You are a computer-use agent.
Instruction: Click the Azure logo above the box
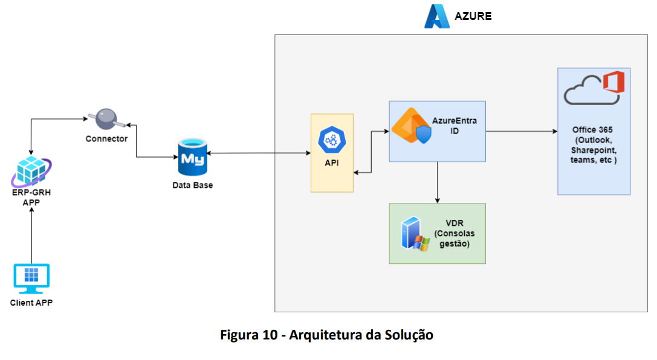pos(437,16)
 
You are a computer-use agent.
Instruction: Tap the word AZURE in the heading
pos(473,16)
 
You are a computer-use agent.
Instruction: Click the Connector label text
pos(106,138)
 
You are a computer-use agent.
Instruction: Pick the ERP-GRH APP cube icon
pos(31,172)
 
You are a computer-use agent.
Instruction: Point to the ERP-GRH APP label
pos(31,198)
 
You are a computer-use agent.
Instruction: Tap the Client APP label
pos(31,303)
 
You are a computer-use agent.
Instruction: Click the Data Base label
pos(192,185)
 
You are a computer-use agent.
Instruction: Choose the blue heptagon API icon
pos(332,140)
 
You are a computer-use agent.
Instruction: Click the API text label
pos(332,163)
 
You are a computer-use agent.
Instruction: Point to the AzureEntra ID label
pos(454,126)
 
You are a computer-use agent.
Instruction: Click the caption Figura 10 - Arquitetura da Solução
pos(327,335)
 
